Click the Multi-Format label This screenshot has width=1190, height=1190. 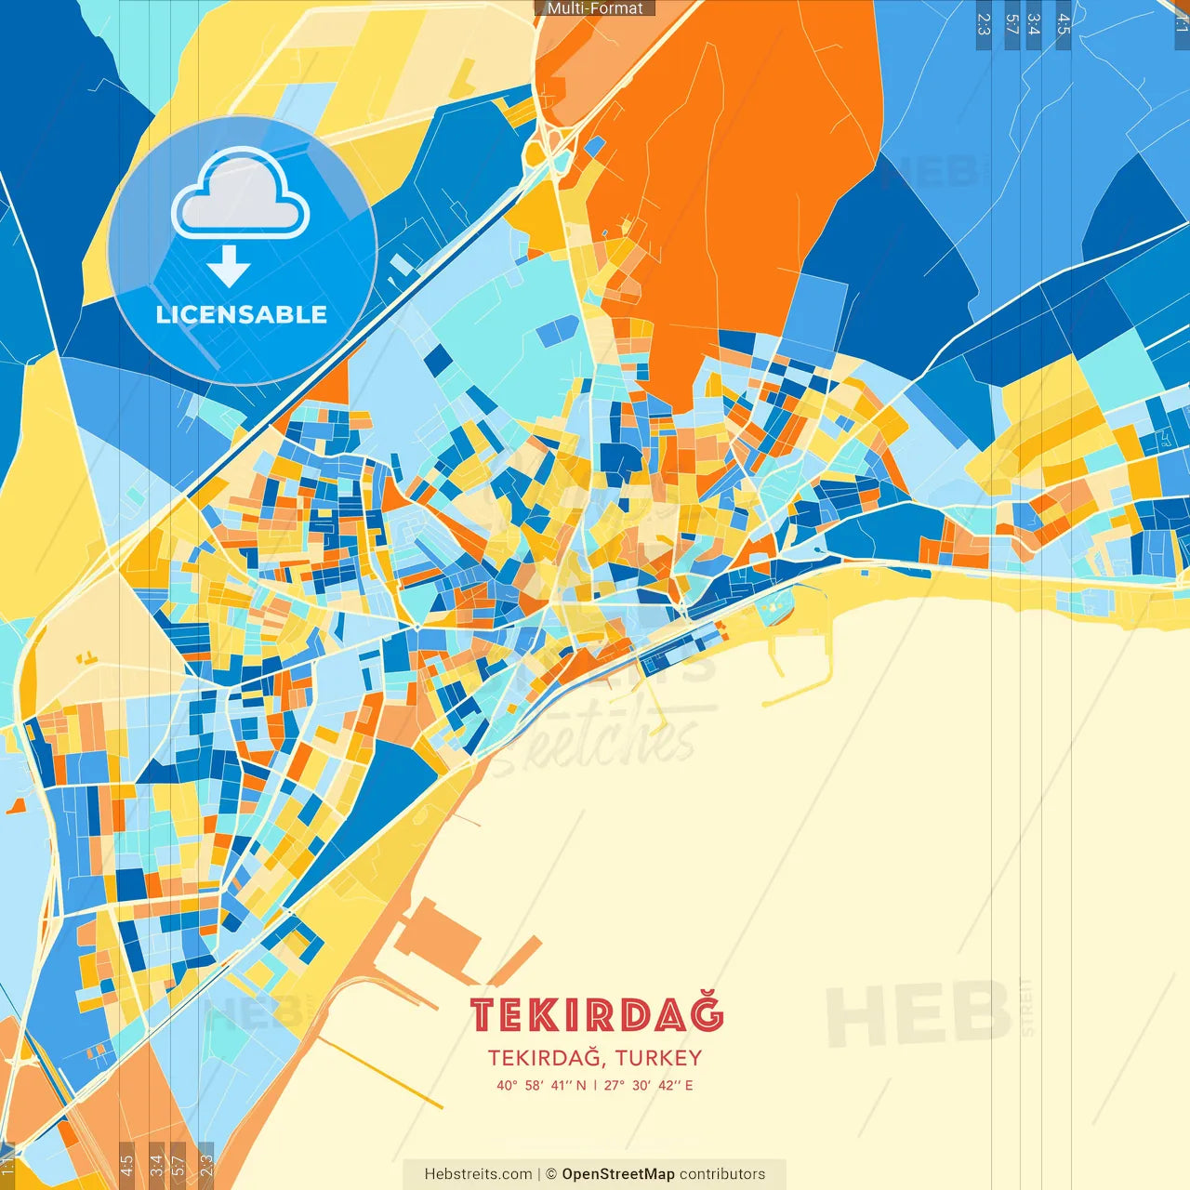[594, 8]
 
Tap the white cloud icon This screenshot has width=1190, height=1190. [241, 197]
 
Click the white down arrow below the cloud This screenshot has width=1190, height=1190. [229, 266]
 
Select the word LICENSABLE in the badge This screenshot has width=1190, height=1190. [242, 314]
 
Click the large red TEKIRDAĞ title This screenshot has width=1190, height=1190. [596, 1014]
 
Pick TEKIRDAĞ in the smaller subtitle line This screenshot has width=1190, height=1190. [547, 1058]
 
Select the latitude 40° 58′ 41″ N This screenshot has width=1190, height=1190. [541, 1085]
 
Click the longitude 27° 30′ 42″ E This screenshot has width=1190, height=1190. [648, 1085]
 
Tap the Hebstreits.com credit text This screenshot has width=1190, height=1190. [478, 1174]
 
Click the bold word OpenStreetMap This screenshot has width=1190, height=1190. [617, 1174]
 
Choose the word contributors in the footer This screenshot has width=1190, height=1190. [722, 1174]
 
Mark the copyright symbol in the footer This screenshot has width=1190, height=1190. [550, 1174]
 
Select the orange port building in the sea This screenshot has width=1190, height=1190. [437, 939]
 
